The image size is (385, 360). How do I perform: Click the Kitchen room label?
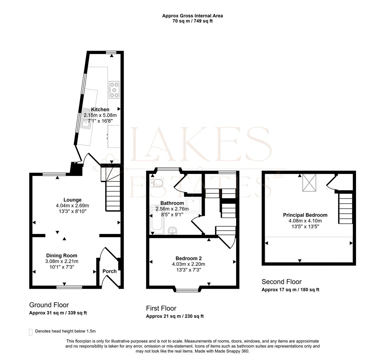click(x=100, y=109)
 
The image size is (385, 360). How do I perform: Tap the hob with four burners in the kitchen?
click(x=114, y=90)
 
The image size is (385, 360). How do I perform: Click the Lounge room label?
click(x=73, y=200)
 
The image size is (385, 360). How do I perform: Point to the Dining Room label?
click(x=62, y=256)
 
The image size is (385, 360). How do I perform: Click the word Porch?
click(x=109, y=271)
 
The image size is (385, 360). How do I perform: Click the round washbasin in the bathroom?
click(x=172, y=231)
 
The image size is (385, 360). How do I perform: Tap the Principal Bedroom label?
click(x=305, y=215)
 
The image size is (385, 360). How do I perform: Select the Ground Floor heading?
click(x=49, y=305)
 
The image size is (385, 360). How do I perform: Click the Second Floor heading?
click(x=281, y=282)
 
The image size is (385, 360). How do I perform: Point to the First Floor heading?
click(x=161, y=308)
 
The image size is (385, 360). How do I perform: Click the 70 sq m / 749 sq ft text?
click(x=192, y=21)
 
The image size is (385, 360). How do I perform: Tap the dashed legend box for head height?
click(x=31, y=332)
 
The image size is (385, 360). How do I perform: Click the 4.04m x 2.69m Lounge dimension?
click(x=73, y=206)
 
